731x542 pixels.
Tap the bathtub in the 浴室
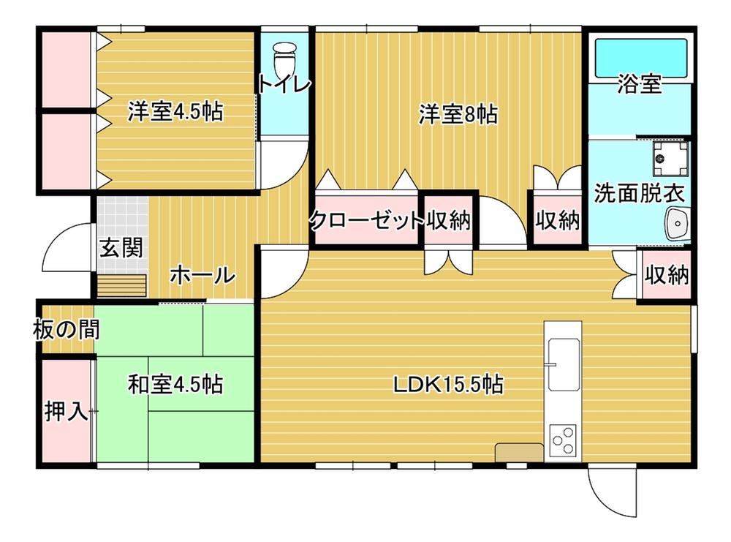[x=641, y=58]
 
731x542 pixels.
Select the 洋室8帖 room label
[x=458, y=114]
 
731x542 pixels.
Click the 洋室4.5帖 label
[x=175, y=111]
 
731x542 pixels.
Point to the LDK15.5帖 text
[x=447, y=385]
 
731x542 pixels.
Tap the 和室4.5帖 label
[x=175, y=385]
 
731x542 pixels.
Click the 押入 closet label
[x=67, y=411]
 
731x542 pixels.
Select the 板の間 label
[x=67, y=330]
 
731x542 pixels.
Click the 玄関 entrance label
[x=121, y=247]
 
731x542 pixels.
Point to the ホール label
[x=202, y=275]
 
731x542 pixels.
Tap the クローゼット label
[x=366, y=219]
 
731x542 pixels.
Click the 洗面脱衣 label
[x=639, y=193]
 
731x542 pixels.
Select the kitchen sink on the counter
[x=563, y=364]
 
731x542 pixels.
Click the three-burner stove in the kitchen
[x=563, y=441]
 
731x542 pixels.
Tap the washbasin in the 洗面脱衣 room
[x=677, y=225]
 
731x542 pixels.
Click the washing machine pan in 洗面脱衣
[x=670, y=159]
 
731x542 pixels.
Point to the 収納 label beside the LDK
[x=667, y=275]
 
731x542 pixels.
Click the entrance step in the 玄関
[x=121, y=285]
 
